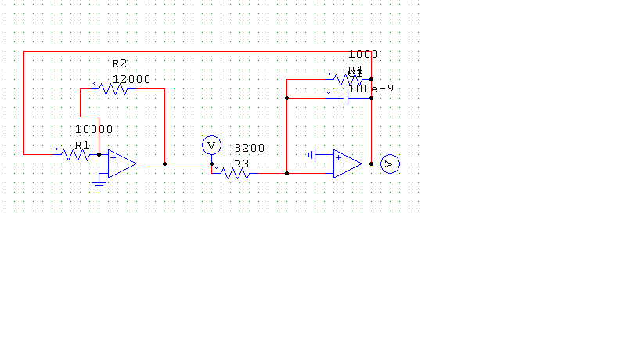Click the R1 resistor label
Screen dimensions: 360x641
pyautogui.click(x=82, y=145)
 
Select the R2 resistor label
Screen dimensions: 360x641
pyautogui.click(x=120, y=63)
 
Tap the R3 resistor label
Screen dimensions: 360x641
pyautogui.click(x=241, y=164)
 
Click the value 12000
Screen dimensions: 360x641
pyautogui.click(x=131, y=79)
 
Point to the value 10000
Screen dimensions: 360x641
pyautogui.click(x=94, y=129)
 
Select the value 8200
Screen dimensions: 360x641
pyautogui.click(x=250, y=148)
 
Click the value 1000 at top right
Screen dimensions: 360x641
pyautogui.click(x=363, y=54)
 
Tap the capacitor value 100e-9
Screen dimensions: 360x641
pyautogui.click(x=371, y=89)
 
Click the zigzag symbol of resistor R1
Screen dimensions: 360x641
pyautogui.click(x=76, y=154)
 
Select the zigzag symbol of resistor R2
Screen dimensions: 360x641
pyautogui.click(x=113, y=88)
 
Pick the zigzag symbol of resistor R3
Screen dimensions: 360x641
pyautogui.click(x=236, y=173)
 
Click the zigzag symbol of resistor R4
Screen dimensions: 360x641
pyautogui.click(x=348, y=79)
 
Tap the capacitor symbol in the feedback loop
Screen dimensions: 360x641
pyautogui.click(x=345, y=98)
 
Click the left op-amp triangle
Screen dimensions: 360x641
pyautogui.click(x=122, y=164)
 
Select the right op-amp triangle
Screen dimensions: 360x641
pyautogui.click(x=348, y=164)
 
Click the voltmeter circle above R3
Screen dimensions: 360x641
pyautogui.click(x=210, y=145)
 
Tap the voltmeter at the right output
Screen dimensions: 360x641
pyautogui.click(x=390, y=164)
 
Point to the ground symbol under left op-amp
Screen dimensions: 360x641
pyautogui.click(x=99, y=185)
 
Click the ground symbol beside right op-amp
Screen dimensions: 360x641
pyautogui.click(x=312, y=154)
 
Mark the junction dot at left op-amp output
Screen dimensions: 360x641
pyautogui.click(x=164, y=164)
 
